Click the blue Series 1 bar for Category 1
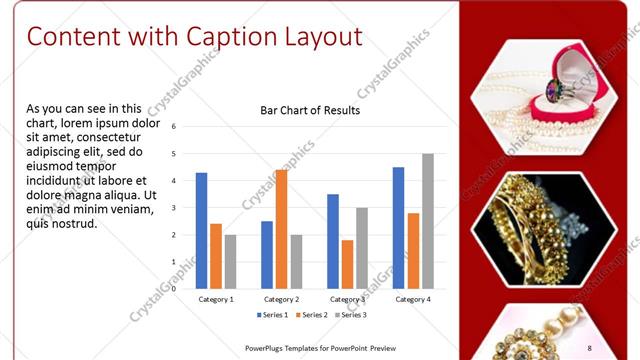click(x=201, y=230)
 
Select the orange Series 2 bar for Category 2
click(x=281, y=229)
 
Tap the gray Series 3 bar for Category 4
click(x=428, y=221)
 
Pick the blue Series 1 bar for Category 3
click(x=333, y=241)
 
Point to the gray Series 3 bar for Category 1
click(x=230, y=261)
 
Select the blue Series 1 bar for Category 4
click(x=399, y=227)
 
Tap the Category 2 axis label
click(x=281, y=299)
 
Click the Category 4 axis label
click(x=413, y=299)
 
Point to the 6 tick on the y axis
click(x=174, y=127)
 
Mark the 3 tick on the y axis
click(x=174, y=208)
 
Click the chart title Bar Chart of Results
click(x=310, y=110)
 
